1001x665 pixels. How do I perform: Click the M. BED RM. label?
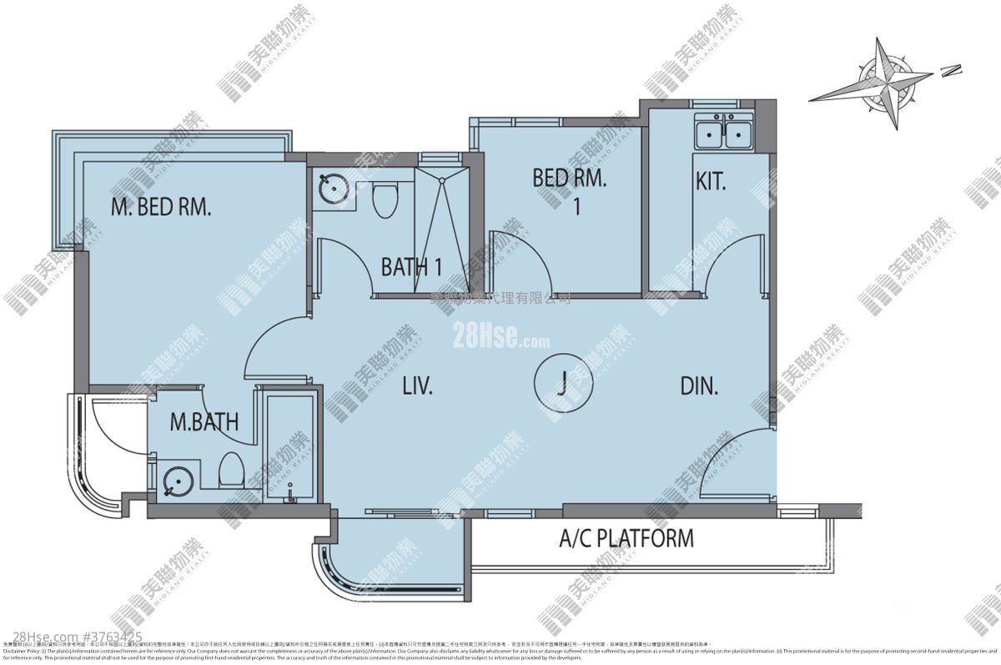point(161,207)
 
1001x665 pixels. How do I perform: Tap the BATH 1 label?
point(410,267)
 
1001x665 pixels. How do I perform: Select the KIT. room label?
point(711,181)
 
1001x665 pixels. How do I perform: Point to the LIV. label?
point(416,386)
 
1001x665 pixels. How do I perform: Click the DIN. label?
point(699,386)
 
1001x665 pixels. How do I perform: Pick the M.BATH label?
point(204,422)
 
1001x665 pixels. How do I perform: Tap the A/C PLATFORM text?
point(626,538)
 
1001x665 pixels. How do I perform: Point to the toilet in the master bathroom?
point(230,471)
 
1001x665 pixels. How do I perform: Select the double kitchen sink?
point(722,134)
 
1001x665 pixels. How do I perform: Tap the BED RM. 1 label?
point(570,189)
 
